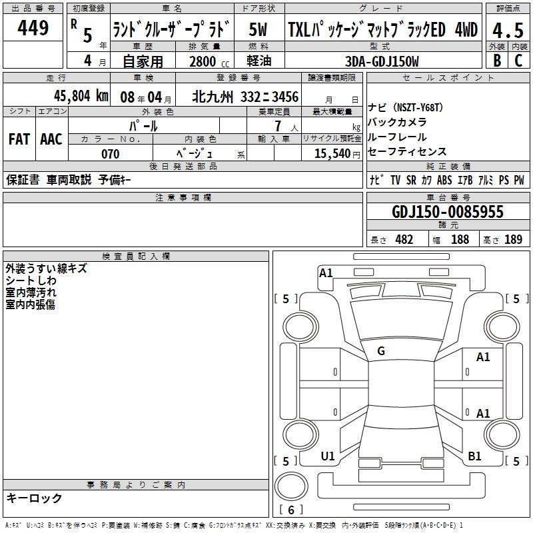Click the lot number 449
33,28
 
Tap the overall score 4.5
508,30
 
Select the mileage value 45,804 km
81,96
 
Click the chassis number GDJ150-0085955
447,212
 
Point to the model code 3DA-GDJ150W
382,61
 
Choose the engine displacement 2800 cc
209,61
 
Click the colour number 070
110,154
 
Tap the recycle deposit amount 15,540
332,153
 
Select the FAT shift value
19,139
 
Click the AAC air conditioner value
51,139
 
